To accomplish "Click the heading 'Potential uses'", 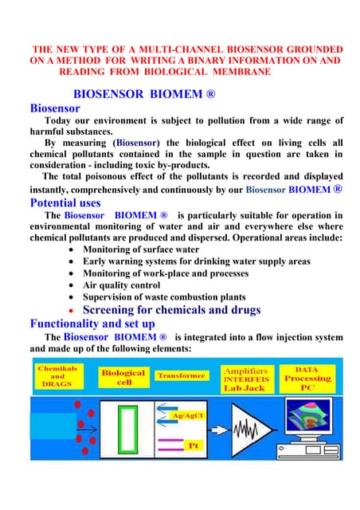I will click(65, 202).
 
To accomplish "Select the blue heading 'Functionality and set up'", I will click(92, 324).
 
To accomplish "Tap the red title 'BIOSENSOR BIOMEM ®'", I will click(144, 92).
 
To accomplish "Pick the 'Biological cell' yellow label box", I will click(123, 378).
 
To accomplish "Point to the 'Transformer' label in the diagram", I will click(181, 375).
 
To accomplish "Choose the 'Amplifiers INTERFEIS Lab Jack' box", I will click(245, 379).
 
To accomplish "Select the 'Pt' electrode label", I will click(192, 445).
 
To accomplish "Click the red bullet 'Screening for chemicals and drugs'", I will click(171, 310).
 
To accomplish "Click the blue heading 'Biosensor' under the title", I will click(55, 108).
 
